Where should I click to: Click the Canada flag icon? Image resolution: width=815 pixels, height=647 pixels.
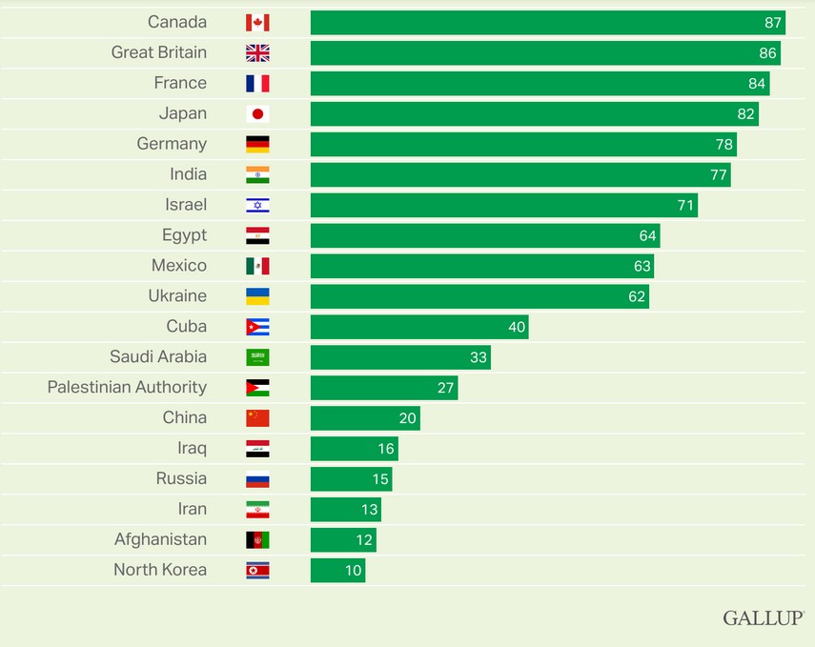(x=257, y=23)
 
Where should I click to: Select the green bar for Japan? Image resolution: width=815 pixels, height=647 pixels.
(x=534, y=114)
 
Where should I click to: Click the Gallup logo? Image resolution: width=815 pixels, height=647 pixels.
(x=763, y=617)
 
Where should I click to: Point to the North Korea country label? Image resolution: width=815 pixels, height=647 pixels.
(x=160, y=570)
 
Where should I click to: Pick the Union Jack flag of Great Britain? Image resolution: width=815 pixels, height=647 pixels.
(x=257, y=53)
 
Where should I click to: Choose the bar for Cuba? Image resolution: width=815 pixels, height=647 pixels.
(x=419, y=327)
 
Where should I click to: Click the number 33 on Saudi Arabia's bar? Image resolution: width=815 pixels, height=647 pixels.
(x=479, y=357)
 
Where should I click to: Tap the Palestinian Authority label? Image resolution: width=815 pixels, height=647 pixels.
(x=127, y=387)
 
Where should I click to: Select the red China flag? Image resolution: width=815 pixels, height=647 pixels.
(x=257, y=417)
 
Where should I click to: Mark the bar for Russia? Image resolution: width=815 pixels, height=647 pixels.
(x=351, y=478)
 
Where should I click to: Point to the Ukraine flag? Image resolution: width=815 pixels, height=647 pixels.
(x=257, y=296)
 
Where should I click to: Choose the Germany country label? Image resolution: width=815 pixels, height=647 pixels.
(x=172, y=144)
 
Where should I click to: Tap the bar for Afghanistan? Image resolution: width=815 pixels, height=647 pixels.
(x=343, y=539)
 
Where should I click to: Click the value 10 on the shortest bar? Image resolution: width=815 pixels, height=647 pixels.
(x=354, y=570)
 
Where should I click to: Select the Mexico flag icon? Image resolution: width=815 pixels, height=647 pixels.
(x=257, y=266)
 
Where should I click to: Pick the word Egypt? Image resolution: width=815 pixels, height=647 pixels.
(x=184, y=235)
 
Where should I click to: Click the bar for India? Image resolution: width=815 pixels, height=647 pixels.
(x=520, y=174)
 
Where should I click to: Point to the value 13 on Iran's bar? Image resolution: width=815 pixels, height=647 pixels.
(x=369, y=509)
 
